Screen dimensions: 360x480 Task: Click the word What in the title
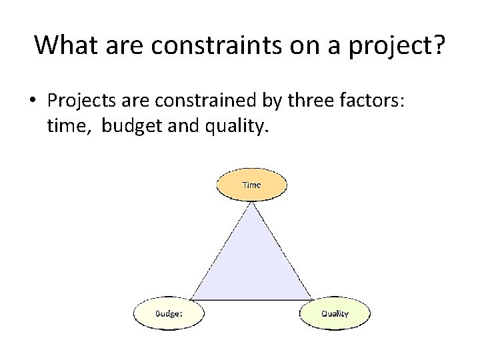pos(63,45)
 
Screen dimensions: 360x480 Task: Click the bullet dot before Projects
pos(31,100)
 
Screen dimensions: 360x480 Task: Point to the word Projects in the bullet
pos(80,100)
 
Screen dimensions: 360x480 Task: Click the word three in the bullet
pos(296,100)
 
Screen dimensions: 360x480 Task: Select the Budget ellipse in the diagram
pos(169,313)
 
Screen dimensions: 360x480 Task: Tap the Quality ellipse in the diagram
pos(335,313)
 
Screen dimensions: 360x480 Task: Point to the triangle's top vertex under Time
pos(251,203)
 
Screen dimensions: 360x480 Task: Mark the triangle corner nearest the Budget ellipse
pos(191,299)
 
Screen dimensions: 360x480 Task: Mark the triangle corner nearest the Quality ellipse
pos(311,299)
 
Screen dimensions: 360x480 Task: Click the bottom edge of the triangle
pos(251,299)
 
